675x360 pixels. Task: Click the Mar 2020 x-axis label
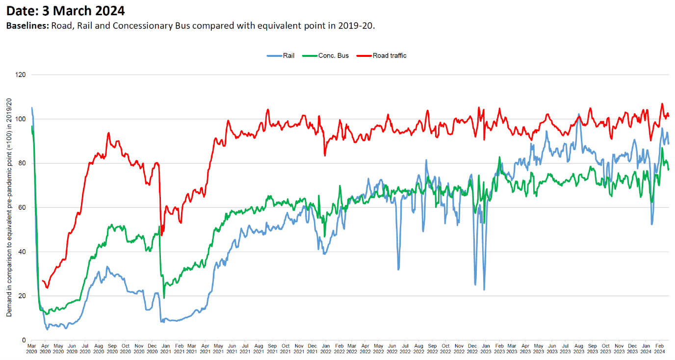click(x=31, y=349)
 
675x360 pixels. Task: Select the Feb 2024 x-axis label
click(x=660, y=349)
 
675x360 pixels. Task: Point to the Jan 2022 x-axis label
click(x=325, y=349)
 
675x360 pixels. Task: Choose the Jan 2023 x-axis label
click(x=486, y=349)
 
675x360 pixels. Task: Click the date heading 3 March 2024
click(x=65, y=10)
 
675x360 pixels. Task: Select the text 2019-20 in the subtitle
click(x=355, y=26)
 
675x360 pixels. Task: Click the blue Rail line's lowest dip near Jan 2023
click(x=484, y=289)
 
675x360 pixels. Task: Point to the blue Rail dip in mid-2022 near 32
click(x=398, y=269)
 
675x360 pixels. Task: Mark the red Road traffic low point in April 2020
click(x=47, y=287)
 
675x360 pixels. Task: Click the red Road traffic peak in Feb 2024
click(x=662, y=103)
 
